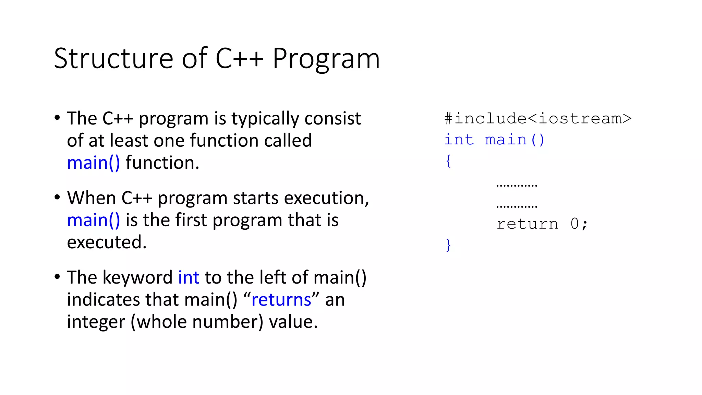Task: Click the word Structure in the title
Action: pos(113,58)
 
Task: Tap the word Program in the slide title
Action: pos(326,59)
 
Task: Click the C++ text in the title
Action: pos(239,58)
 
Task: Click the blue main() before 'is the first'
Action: pos(93,220)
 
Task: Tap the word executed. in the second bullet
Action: pos(107,242)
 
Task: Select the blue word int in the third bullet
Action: pos(189,277)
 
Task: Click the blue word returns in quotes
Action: pos(281,300)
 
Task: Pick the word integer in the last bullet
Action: pos(96,322)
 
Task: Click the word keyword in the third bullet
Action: pos(137,277)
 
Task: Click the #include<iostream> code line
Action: pos(537,119)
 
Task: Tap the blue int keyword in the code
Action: pos(459,140)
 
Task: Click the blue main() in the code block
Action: pos(514,140)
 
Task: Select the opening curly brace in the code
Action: pos(448,161)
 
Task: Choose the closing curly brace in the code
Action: pos(448,245)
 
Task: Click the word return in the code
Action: pos(527,224)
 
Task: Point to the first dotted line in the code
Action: pos(517,185)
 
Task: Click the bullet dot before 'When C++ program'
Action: pos(57,197)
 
